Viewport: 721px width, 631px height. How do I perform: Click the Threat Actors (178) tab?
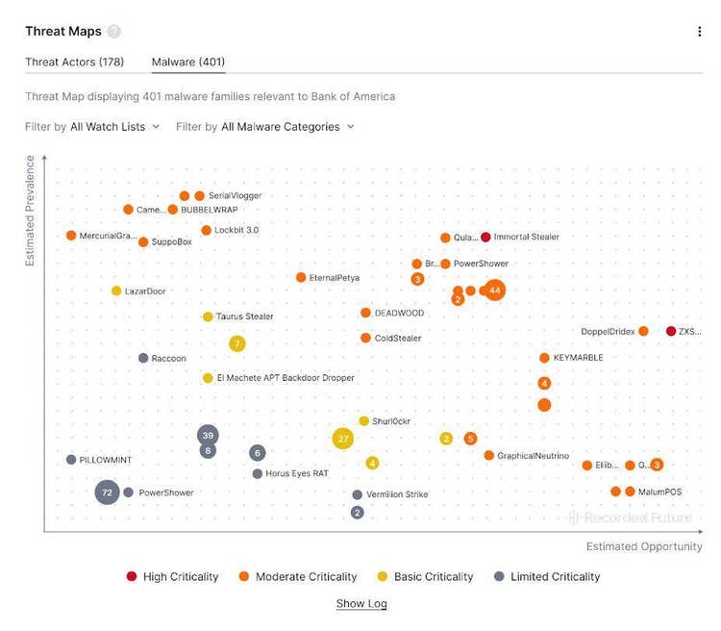point(74,63)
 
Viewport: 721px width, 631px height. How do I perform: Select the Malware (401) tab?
point(188,63)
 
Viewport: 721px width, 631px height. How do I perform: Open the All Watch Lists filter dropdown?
point(114,126)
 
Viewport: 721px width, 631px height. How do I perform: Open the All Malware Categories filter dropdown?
point(286,126)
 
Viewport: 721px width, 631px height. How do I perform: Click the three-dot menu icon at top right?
point(699,32)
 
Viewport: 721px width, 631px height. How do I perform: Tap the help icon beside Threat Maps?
point(114,32)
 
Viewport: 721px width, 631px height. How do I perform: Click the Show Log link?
point(361,604)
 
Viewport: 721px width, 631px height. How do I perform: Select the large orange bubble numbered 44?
point(494,290)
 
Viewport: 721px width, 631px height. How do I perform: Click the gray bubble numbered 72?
point(107,492)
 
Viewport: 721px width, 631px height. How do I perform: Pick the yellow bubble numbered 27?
point(342,439)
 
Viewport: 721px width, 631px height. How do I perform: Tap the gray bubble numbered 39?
point(208,436)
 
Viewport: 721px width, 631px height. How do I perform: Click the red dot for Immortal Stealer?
point(485,238)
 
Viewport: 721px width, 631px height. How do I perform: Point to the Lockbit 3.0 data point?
point(206,231)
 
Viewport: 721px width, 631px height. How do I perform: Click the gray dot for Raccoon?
point(143,358)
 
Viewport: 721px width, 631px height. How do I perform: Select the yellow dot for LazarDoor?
point(116,290)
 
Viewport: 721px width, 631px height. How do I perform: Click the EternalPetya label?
point(334,278)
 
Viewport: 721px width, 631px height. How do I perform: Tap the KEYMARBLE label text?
point(578,358)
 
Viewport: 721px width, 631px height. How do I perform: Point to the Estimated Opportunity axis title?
point(644,546)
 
